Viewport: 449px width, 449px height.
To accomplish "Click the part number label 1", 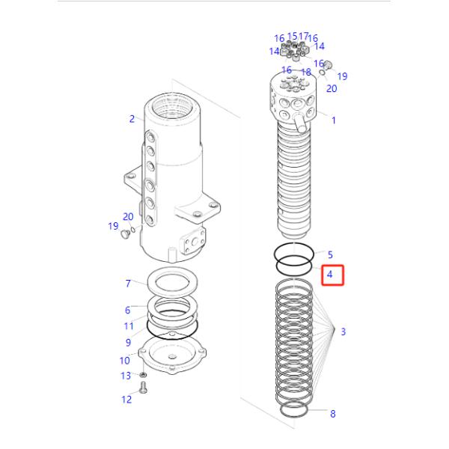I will pyautogui.click(x=333, y=120).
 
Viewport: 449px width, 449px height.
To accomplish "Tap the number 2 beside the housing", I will pyautogui.click(x=132, y=118).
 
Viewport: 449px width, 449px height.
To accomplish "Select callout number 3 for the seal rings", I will pyautogui.click(x=343, y=332).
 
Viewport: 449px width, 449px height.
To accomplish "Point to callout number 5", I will pyautogui.click(x=330, y=255).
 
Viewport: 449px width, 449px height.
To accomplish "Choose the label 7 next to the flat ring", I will pyautogui.click(x=128, y=284).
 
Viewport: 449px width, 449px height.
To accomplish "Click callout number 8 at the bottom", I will pyautogui.click(x=333, y=414).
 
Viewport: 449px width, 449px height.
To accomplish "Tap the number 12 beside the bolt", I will pyautogui.click(x=126, y=400).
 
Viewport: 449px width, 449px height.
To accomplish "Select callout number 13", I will pyautogui.click(x=126, y=375).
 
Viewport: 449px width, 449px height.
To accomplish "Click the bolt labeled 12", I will pyautogui.click(x=144, y=388).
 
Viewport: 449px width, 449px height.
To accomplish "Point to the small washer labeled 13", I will pyautogui.click(x=143, y=374).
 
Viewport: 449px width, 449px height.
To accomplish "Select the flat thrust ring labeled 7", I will pyautogui.click(x=172, y=284).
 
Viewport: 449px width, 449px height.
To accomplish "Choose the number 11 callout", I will pyautogui.click(x=128, y=326).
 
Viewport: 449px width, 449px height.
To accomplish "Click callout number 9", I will pyautogui.click(x=128, y=343).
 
